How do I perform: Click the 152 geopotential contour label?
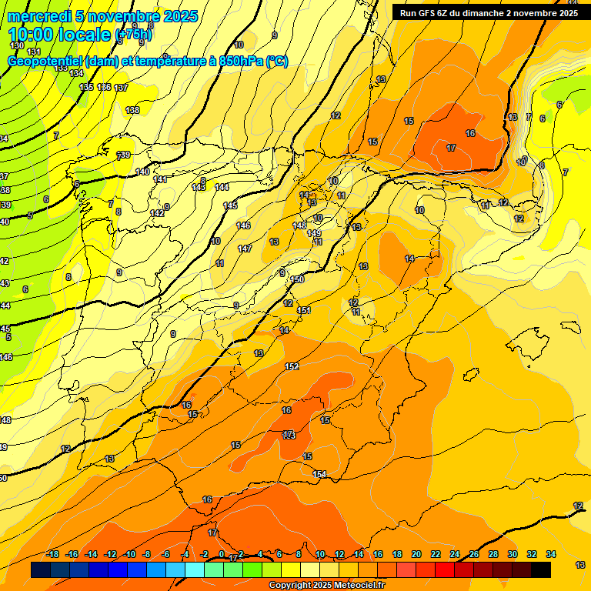292,366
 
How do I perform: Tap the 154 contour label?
319,474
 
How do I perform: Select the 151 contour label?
304,310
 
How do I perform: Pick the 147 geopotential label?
245,249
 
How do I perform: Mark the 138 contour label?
132,110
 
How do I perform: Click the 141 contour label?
160,179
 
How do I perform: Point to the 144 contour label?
222,187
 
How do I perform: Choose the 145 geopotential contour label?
230,205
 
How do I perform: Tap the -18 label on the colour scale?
52,555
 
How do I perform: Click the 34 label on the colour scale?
551,555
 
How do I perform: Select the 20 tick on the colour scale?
416,555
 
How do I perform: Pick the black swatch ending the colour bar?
541,569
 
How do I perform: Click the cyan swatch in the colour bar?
195,569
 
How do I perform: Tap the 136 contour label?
105,87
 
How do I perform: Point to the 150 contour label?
297,279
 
